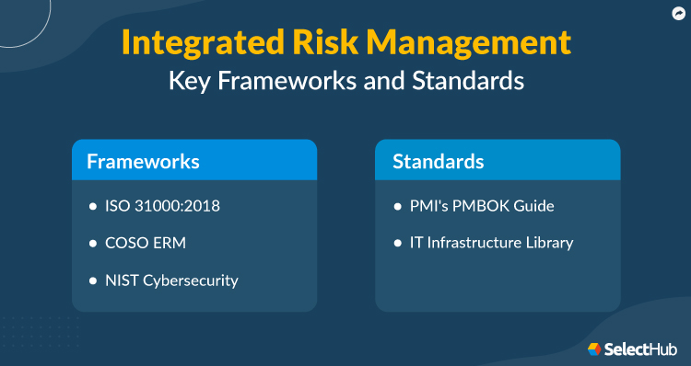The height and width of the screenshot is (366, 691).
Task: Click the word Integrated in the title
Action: click(191, 43)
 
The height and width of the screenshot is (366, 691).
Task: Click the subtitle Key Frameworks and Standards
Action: click(345, 81)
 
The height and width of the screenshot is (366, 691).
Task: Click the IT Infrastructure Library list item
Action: click(491, 243)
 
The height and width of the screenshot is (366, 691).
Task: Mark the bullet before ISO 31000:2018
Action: click(92, 206)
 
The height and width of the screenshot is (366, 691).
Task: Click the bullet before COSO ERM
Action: click(92, 244)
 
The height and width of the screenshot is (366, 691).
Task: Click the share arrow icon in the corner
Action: click(677, 13)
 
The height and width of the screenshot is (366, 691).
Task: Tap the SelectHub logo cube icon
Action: click(595, 349)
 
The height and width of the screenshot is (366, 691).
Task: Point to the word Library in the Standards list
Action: click(548, 243)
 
